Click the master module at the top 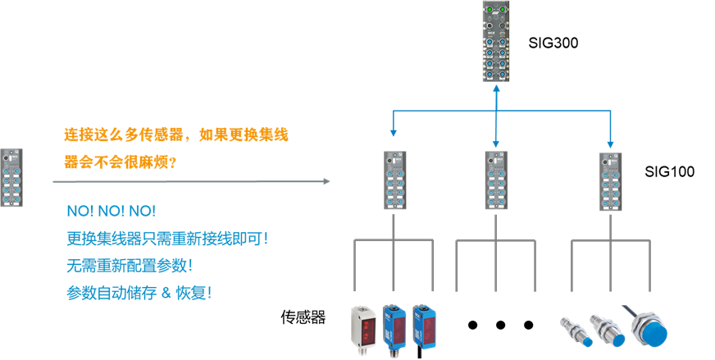pos(496,42)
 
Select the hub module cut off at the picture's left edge pos(11,177)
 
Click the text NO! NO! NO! pos(111,212)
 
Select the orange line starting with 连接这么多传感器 pos(176,134)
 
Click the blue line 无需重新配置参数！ pos(130,266)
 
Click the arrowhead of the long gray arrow pos(326,181)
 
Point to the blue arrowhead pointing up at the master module pos(496,88)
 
